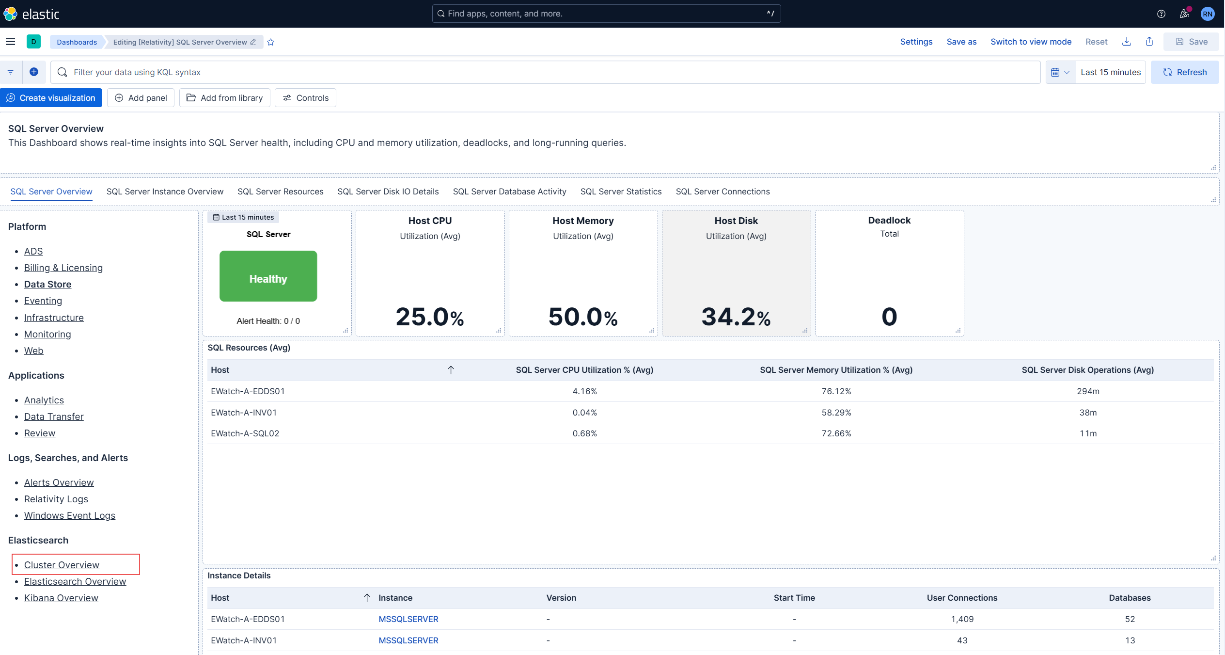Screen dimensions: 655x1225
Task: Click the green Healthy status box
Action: pos(268,276)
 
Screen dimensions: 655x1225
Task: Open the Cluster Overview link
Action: pos(62,565)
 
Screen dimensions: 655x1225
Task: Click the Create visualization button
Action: pos(51,98)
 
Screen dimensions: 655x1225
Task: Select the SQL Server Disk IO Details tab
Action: pos(388,192)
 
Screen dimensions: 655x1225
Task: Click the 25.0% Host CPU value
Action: pos(429,317)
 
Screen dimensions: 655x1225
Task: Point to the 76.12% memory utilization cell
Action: pos(836,391)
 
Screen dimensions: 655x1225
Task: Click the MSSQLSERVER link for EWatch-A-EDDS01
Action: pos(408,619)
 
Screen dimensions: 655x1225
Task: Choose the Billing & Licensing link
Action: pos(63,268)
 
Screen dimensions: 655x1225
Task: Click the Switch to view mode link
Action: pos(1031,42)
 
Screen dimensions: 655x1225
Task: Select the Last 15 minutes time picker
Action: pos(1110,72)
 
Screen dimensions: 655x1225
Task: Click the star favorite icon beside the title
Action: pos(271,42)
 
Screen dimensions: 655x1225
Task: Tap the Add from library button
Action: pos(224,98)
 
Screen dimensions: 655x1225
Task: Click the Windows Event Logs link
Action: pos(70,515)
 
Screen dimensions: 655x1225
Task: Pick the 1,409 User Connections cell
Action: pos(962,619)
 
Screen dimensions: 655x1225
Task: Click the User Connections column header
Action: pos(961,598)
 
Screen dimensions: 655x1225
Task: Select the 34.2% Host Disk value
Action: pos(736,317)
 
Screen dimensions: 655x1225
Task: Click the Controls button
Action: pos(305,98)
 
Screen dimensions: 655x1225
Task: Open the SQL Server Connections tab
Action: pos(722,192)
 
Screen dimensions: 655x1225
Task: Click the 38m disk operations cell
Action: pos(1087,413)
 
